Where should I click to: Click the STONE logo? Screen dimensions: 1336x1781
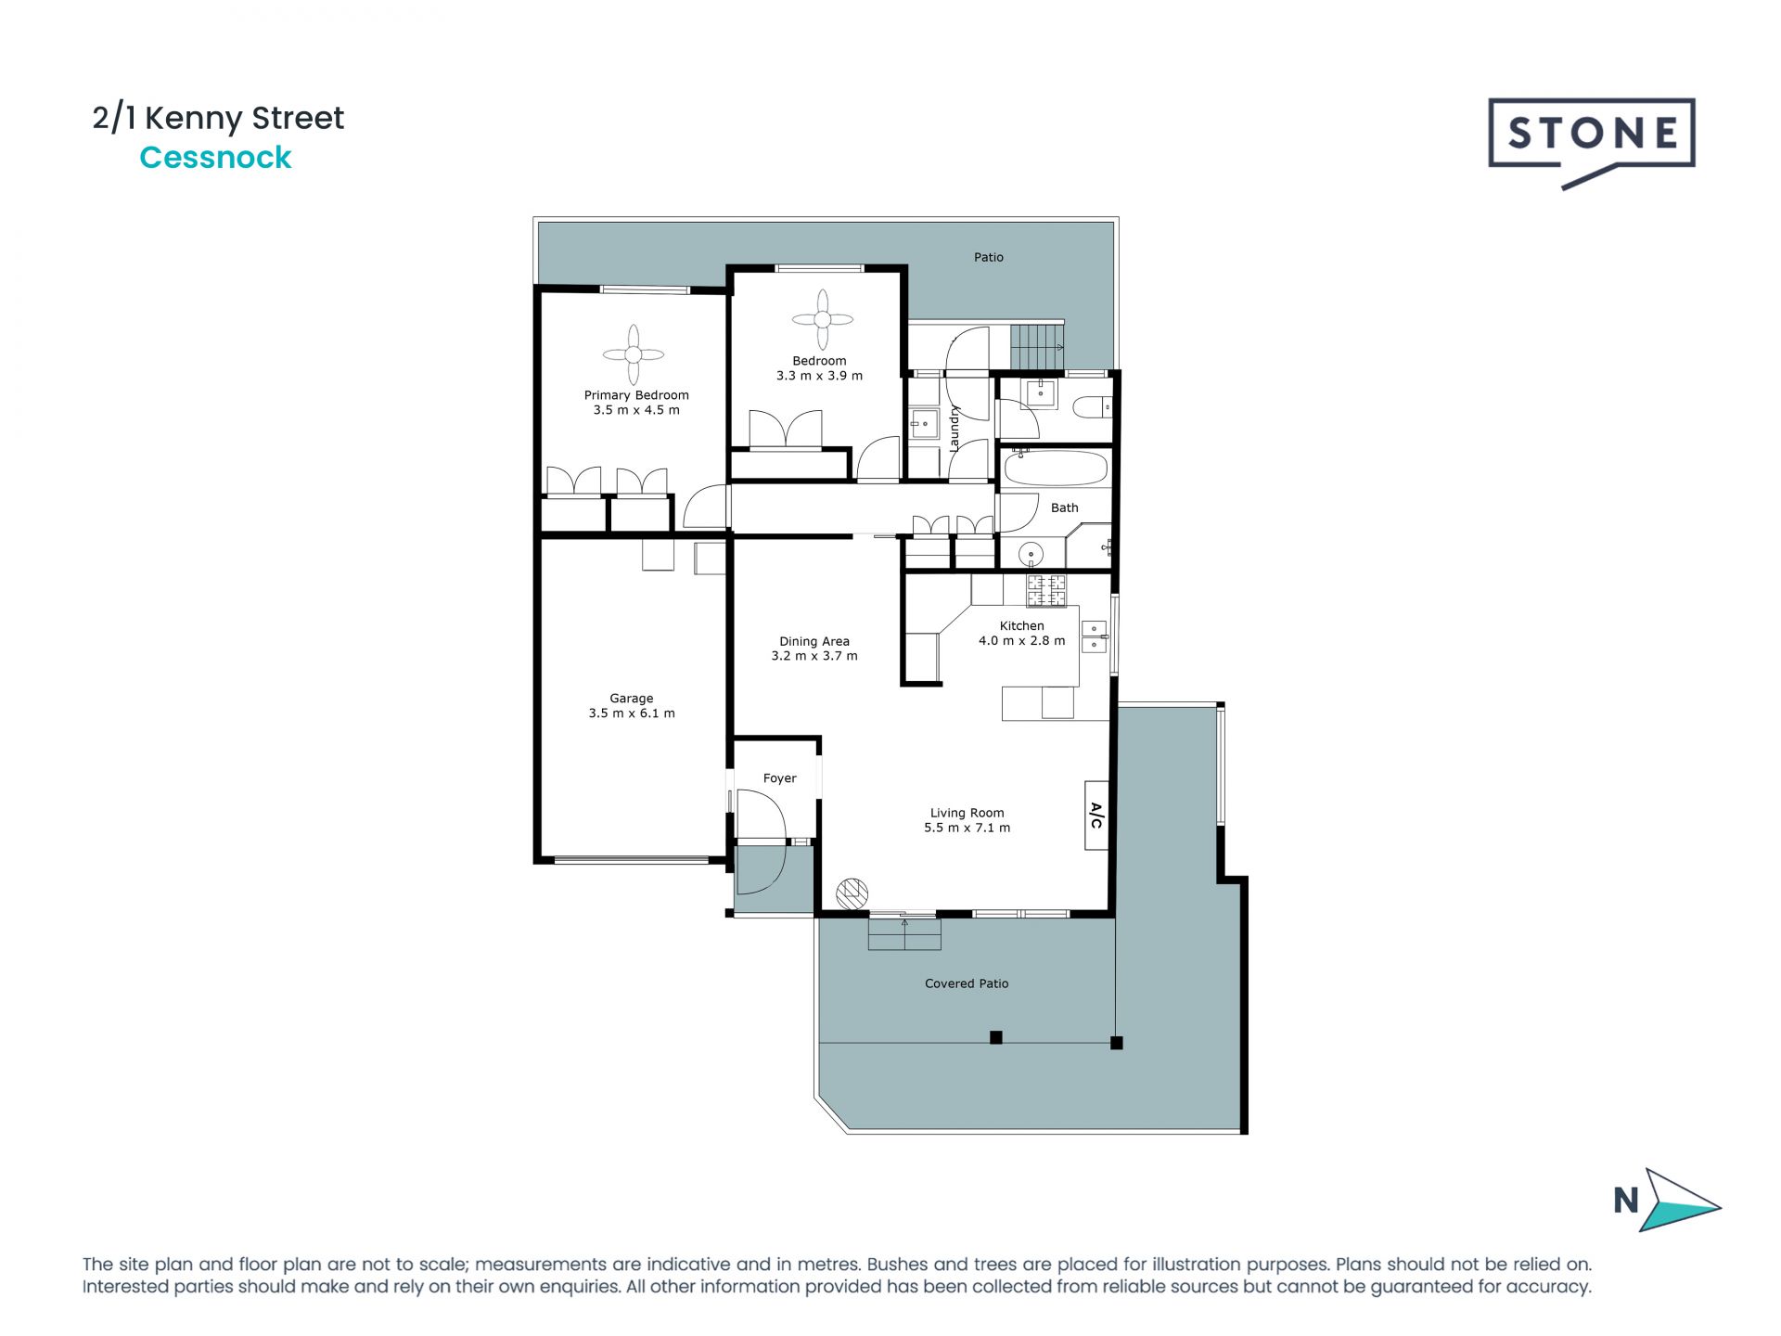tap(1592, 135)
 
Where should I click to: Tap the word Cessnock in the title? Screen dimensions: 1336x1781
tap(215, 158)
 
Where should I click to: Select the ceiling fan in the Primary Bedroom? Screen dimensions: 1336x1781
tap(634, 354)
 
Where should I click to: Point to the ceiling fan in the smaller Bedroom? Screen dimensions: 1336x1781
tap(822, 319)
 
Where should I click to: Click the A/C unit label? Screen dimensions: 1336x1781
tap(1096, 816)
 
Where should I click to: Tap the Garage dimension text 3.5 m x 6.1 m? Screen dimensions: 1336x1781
tap(632, 713)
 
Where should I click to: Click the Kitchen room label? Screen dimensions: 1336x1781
tap(1021, 625)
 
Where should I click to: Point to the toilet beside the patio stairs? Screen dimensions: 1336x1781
tap(1093, 406)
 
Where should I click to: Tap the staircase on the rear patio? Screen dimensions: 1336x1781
tap(1036, 346)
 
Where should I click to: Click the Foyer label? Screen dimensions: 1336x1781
tap(779, 778)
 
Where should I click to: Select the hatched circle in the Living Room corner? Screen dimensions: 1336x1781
tap(852, 893)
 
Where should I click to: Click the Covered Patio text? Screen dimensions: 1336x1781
tap(966, 983)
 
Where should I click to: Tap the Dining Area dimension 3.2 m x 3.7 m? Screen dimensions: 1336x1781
tap(814, 656)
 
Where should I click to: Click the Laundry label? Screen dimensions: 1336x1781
tap(955, 429)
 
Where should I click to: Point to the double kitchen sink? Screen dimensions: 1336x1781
tap(1095, 636)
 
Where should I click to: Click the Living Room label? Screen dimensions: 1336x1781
tap(967, 813)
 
